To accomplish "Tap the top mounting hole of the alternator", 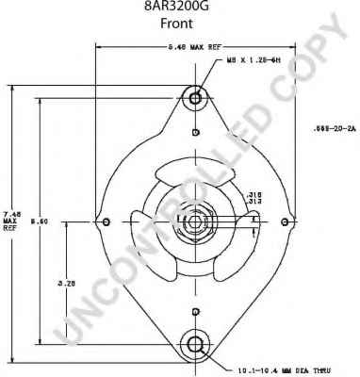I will [195, 97].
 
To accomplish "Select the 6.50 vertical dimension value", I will [41, 222].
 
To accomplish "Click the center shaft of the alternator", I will [195, 221].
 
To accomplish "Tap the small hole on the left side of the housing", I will [106, 221].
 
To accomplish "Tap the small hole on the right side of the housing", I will [286, 221].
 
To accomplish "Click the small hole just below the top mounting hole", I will [195, 131].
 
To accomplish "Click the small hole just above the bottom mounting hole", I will [195, 311].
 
